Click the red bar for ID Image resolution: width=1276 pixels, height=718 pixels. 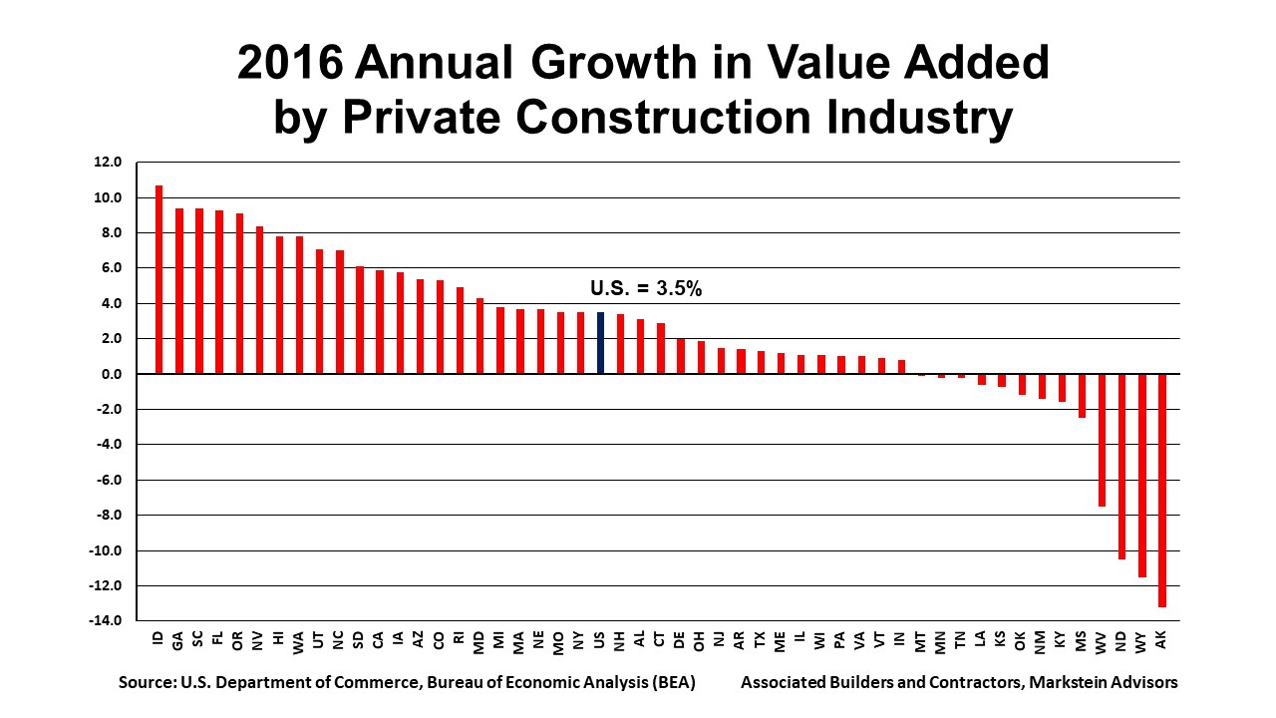point(159,279)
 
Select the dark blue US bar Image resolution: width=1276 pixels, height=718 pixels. point(600,343)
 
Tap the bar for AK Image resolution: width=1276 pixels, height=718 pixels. point(1161,490)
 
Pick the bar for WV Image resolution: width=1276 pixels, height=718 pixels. point(1102,440)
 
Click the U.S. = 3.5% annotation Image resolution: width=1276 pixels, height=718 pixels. point(646,289)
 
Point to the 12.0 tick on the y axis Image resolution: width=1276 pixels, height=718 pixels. point(108,163)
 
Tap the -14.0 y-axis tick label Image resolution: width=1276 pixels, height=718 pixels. point(106,621)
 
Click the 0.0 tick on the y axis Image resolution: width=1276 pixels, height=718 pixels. point(110,374)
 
